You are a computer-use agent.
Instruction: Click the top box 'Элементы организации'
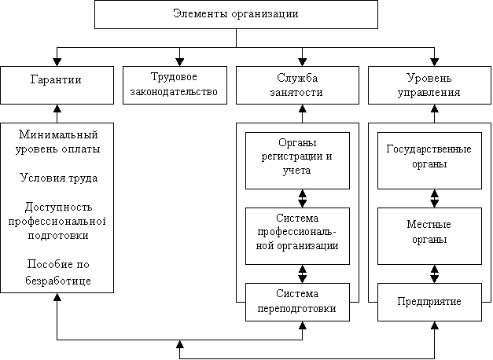click(x=236, y=13)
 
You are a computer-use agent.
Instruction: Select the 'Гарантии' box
click(x=57, y=85)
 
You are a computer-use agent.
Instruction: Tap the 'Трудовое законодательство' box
click(x=178, y=85)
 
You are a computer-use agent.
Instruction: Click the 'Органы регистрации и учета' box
click(x=296, y=160)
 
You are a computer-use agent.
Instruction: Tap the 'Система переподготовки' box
click(x=296, y=302)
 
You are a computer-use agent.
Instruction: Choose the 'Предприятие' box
click(x=429, y=302)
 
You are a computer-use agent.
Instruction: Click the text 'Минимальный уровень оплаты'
click(x=57, y=141)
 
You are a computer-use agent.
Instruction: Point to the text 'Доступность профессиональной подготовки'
click(x=57, y=221)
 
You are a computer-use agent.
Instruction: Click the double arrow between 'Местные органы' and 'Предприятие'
click(x=434, y=275)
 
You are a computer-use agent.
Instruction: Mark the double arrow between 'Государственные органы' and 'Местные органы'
click(x=434, y=198)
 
